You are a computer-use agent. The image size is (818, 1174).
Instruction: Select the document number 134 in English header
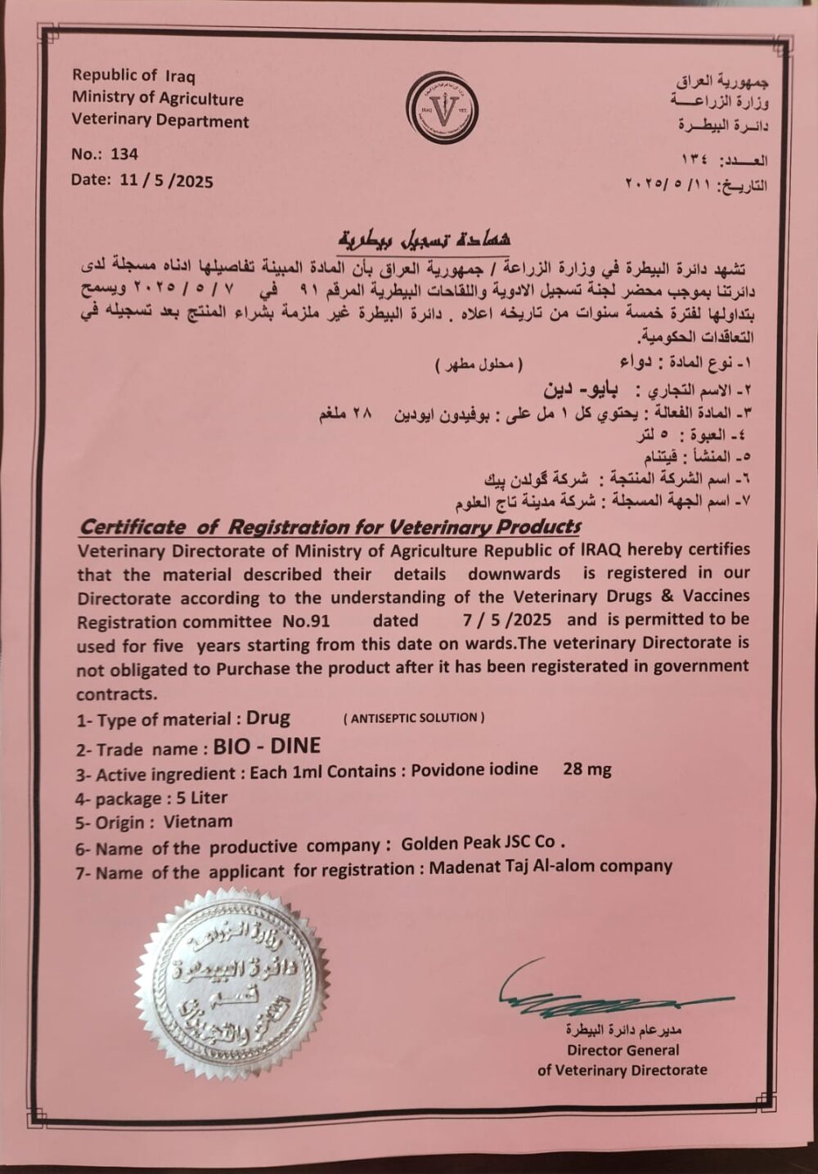coord(124,154)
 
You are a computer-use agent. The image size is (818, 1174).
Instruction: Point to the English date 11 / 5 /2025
coord(166,180)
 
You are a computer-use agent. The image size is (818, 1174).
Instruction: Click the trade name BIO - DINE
coord(267,746)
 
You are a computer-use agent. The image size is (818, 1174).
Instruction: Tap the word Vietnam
coord(198,822)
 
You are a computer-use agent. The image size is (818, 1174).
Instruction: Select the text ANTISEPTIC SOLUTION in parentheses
coord(414,718)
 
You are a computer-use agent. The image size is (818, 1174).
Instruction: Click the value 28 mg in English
coord(587,768)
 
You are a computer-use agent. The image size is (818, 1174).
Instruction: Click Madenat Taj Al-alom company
coord(551,867)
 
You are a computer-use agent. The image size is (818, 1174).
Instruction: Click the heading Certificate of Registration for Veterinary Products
coord(330,527)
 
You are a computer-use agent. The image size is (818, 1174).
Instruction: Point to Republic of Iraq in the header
coord(133,75)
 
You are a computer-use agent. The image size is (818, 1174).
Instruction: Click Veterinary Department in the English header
coord(160,121)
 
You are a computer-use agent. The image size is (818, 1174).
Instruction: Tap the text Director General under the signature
coord(622,1050)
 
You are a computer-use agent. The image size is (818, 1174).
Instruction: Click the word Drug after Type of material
coord(268,718)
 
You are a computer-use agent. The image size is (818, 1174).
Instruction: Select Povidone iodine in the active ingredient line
coord(474,768)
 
